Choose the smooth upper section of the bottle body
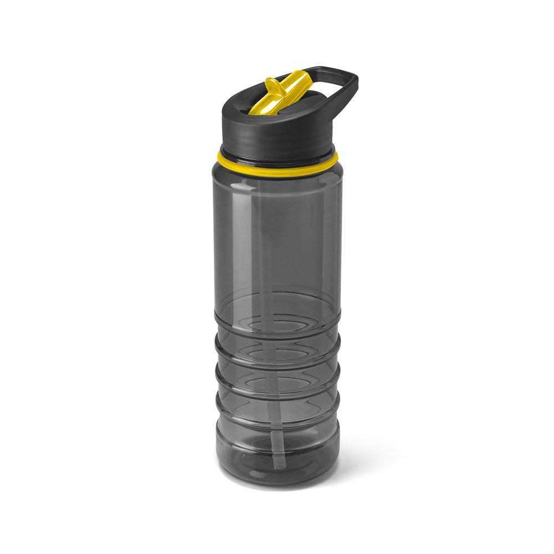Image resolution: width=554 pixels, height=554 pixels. [277, 233]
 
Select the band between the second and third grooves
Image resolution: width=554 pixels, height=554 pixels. [277, 378]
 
